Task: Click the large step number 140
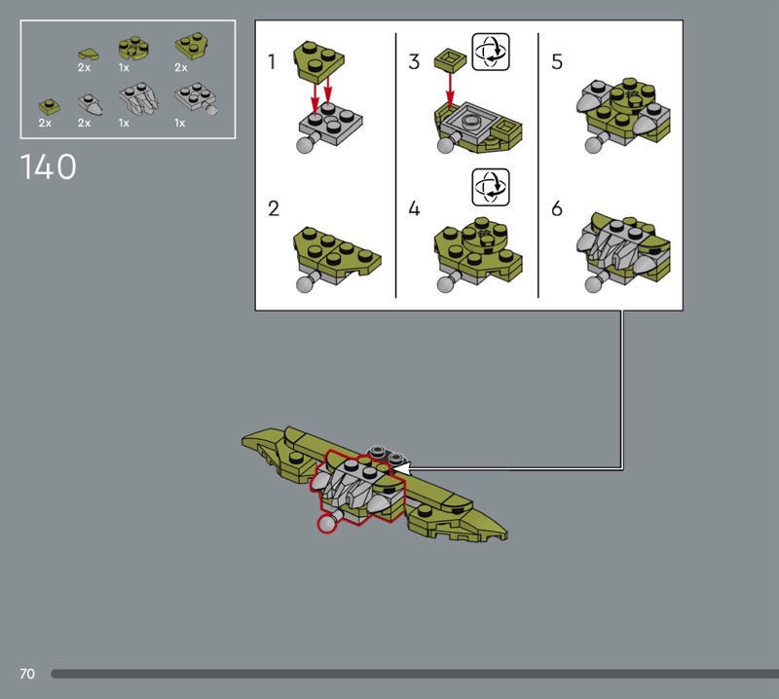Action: pos(48,166)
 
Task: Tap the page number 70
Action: pos(27,674)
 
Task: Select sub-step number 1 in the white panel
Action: pos(272,61)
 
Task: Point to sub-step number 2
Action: pos(274,208)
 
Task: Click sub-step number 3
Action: pos(414,61)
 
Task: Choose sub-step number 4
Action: pos(414,208)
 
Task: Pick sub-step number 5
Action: pos(557,61)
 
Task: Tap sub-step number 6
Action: pos(557,208)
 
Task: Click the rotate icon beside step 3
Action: pos(491,52)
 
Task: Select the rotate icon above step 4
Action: pos(491,187)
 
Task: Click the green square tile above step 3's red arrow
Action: pos(450,59)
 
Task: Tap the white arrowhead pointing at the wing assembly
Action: pos(401,468)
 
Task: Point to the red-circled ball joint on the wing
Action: pos(327,524)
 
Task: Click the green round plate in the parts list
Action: pos(134,48)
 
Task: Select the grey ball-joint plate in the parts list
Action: pos(197,99)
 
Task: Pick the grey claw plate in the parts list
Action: pos(138,98)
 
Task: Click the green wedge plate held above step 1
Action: pos(319,61)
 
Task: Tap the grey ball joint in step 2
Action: pos(305,283)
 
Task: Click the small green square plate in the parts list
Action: pos(50,106)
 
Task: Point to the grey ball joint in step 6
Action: pos(594,284)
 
